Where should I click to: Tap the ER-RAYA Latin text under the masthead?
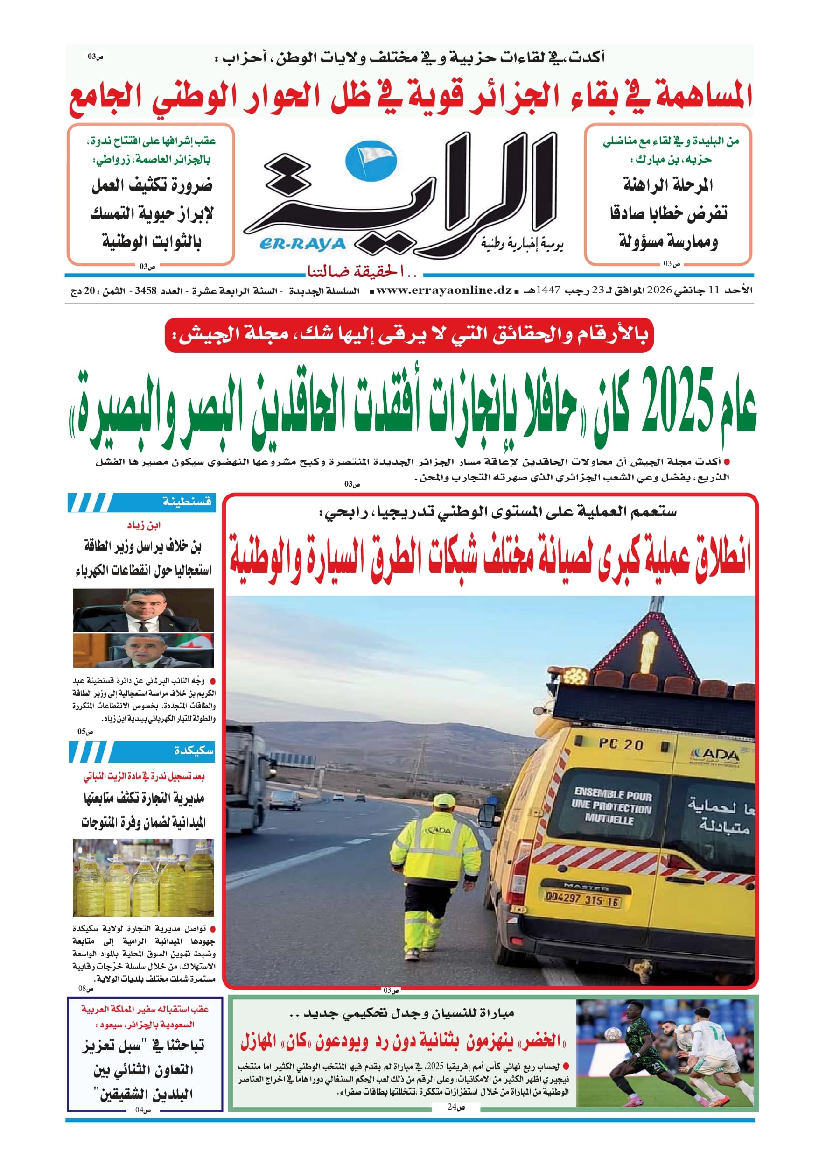tap(302, 244)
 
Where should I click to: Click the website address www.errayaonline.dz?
tap(444, 290)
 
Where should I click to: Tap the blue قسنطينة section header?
tap(186, 502)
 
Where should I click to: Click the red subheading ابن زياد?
tap(144, 525)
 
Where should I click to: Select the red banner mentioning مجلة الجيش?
tap(409, 334)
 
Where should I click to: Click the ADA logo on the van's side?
tap(715, 756)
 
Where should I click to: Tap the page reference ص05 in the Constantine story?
tap(85, 731)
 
